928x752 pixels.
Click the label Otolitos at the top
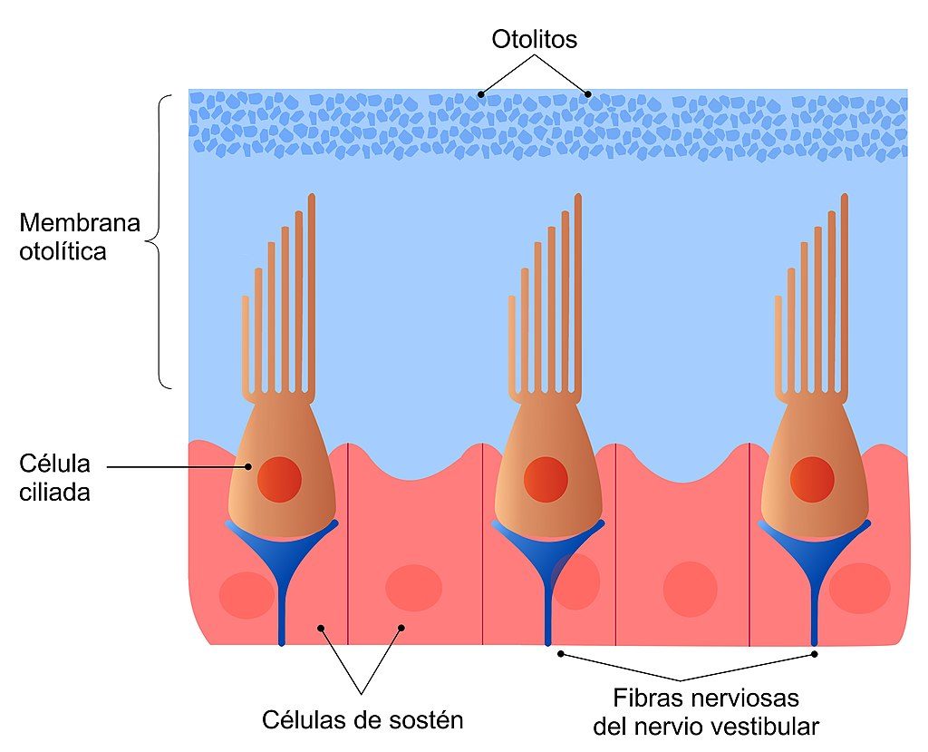tap(535, 40)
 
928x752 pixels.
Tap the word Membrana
tap(80, 223)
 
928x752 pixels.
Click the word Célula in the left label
tap(54, 464)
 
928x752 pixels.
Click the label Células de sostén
tap(362, 721)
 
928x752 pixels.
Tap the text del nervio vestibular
tap(706, 727)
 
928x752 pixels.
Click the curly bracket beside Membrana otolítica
tap(158, 242)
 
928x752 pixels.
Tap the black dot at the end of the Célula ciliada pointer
tap(249, 467)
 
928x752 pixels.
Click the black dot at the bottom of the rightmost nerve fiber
tap(815, 653)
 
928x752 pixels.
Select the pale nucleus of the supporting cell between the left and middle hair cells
tap(413, 588)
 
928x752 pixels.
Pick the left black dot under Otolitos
tap(481, 93)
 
